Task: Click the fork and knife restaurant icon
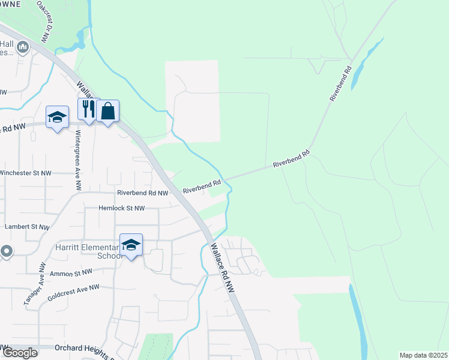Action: pos(88,110)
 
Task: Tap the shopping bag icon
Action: pos(108,111)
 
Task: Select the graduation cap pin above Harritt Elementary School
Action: pos(131,245)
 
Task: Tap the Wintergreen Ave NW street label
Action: pos(77,158)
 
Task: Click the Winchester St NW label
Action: pos(25,173)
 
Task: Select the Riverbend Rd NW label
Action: pos(142,193)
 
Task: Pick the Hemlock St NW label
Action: pos(122,208)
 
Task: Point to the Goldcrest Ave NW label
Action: pos(73,292)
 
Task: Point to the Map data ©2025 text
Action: pos(423,355)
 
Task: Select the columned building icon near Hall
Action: pos(23,47)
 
